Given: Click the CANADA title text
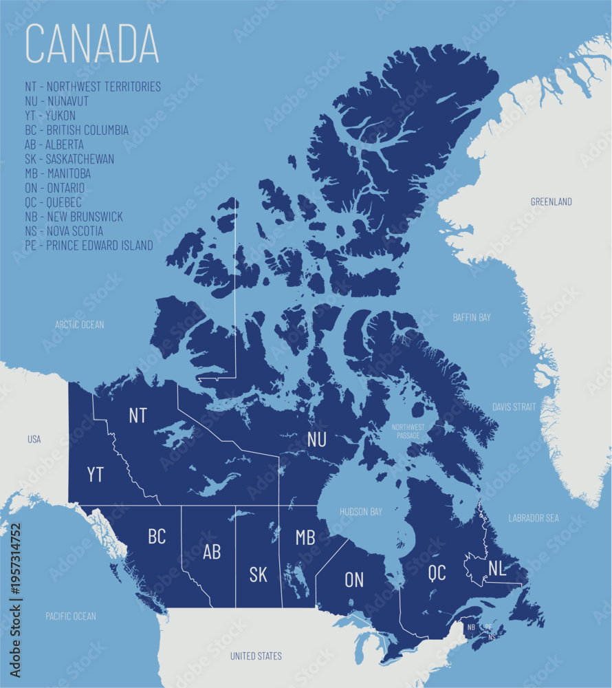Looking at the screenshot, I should tap(92, 45).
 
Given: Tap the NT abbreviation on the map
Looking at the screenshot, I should tap(138, 415).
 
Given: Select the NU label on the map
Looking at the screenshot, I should tap(317, 439).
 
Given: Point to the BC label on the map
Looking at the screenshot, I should tap(157, 537).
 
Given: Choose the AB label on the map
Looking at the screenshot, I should tap(212, 552).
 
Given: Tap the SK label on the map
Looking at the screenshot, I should tap(259, 574).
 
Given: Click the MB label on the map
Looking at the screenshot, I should tap(305, 537).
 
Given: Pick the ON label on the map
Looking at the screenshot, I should tap(354, 580).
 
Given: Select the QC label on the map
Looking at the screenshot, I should tap(437, 572).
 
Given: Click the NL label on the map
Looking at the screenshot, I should tap(498, 568).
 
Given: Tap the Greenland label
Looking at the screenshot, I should tap(551, 202).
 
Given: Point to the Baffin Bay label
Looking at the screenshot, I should tap(472, 317).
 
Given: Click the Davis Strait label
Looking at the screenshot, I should tap(514, 407).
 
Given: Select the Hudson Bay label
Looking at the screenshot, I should tap(361, 512).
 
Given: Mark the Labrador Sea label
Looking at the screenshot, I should tap(534, 517).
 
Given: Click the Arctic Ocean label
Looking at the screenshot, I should tap(80, 324).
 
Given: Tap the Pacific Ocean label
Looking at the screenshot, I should tap(71, 616).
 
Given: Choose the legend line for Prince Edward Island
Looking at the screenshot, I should tap(89, 246).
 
